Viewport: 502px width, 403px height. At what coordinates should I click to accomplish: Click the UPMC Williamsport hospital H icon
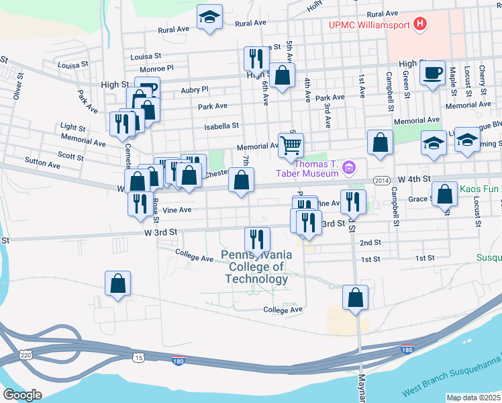[420, 26]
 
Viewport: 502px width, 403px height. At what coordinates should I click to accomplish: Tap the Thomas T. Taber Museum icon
[349, 167]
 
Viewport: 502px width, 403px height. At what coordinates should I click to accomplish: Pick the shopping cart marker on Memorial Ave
[291, 144]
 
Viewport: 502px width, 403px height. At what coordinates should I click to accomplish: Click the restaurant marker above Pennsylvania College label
[257, 238]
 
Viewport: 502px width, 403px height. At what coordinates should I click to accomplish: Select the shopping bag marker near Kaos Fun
[444, 194]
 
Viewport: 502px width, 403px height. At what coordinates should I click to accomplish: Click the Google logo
[22, 395]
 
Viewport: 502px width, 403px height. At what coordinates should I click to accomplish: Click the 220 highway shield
[26, 353]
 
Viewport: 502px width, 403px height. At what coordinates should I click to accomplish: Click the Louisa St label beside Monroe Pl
[74, 65]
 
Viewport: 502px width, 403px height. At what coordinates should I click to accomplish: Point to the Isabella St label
[222, 126]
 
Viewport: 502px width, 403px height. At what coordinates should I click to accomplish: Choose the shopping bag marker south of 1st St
[355, 297]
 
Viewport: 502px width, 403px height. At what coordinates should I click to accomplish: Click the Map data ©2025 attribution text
[474, 398]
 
